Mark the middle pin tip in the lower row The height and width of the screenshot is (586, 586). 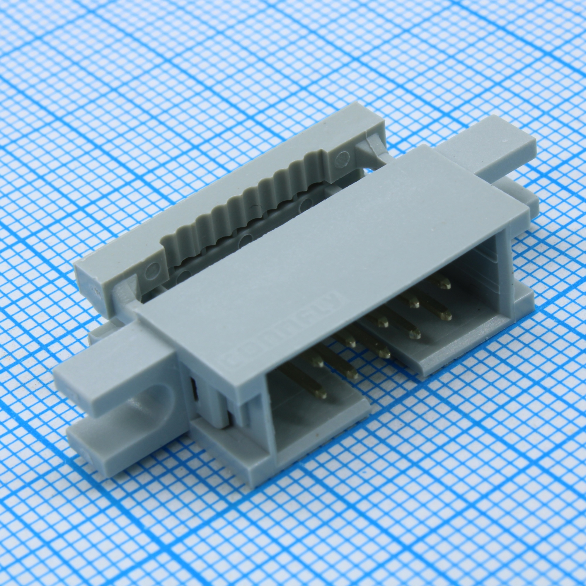coord(385,352)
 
